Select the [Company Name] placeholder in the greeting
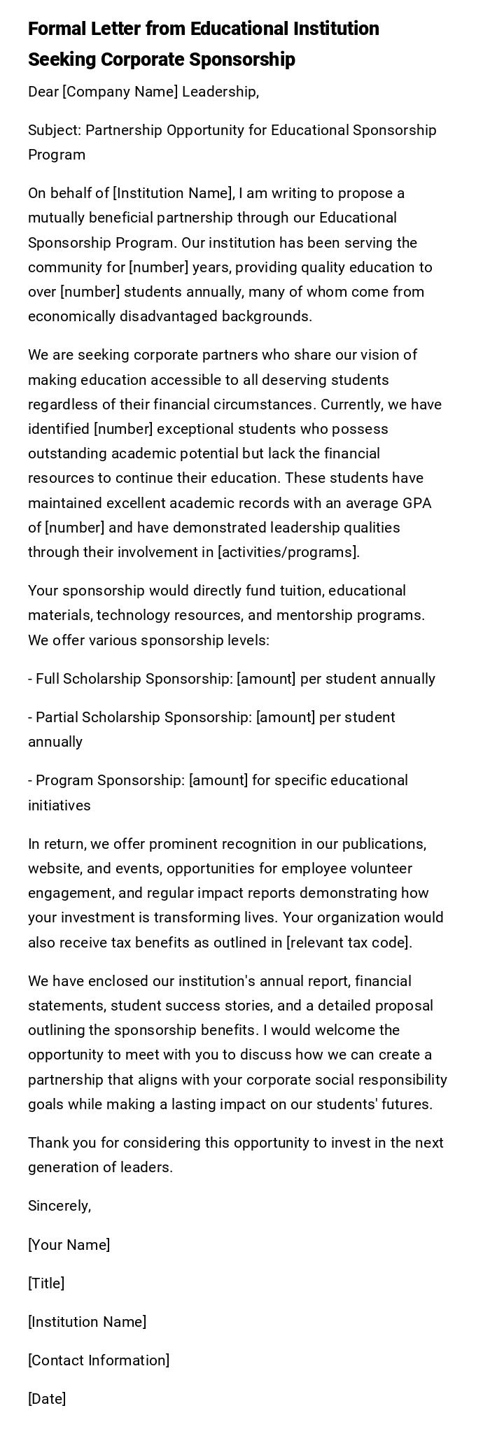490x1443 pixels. click(x=120, y=92)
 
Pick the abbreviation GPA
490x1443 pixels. click(x=416, y=503)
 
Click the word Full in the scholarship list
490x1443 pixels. click(x=48, y=679)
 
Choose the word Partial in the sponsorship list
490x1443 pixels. click(x=57, y=717)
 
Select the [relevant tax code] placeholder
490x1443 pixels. click(x=349, y=943)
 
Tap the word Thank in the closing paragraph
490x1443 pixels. click(x=48, y=1143)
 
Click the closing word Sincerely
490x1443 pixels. click(x=59, y=1206)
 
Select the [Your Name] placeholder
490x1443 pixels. click(x=69, y=1245)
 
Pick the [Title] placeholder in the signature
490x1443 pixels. click(x=46, y=1283)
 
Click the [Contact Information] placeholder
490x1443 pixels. click(x=99, y=1360)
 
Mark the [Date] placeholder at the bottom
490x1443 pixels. click(x=47, y=1399)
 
